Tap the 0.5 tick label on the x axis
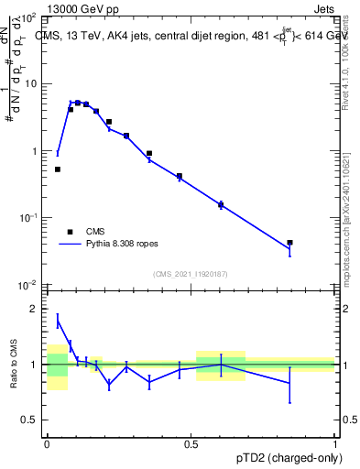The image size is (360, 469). pyautogui.click(x=191, y=442)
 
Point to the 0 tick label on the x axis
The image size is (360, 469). pyautogui.click(x=47, y=442)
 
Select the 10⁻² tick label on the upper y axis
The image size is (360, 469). pyautogui.click(x=28, y=285)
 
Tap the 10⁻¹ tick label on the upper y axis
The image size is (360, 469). pyautogui.click(x=28, y=218)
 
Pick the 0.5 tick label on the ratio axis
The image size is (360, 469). pyautogui.click(x=32, y=420)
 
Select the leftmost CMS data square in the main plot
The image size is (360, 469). pyautogui.click(x=58, y=169)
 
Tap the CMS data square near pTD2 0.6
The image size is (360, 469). pyautogui.click(x=221, y=205)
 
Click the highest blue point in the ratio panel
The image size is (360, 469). pyautogui.click(x=58, y=321)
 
